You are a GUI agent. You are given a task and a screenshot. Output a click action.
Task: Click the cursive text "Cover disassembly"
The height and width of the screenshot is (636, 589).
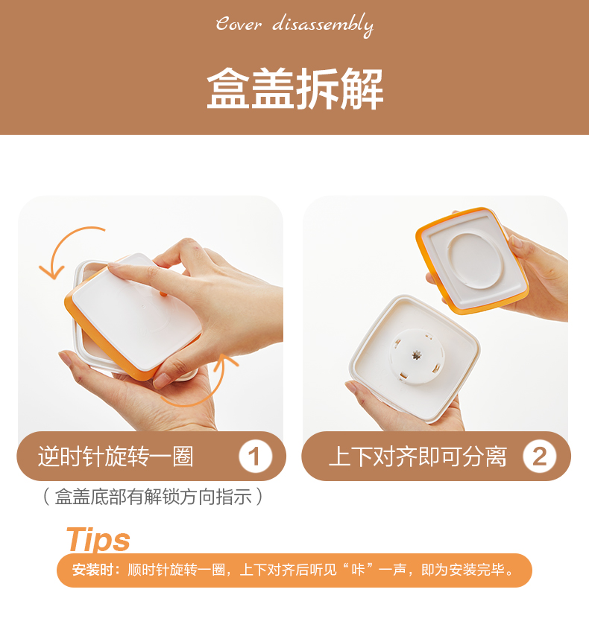coord(294,25)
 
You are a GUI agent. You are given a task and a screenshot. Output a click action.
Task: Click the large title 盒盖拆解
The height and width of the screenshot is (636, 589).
coord(295,89)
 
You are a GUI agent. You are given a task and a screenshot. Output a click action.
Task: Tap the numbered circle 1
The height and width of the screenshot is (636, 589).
coord(255,457)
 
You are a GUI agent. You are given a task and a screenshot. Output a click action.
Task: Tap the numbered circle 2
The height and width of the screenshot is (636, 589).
coord(540,457)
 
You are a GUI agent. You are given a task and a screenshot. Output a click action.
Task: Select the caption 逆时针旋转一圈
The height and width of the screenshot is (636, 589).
coord(116,457)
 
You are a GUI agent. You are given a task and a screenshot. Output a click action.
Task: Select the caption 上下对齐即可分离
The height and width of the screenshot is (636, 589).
coord(418,457)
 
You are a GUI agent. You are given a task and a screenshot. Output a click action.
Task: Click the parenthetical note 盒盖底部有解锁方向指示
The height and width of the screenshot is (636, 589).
coord(153,497)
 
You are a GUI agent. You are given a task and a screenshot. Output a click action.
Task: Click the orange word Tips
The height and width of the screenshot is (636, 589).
coord(98,539)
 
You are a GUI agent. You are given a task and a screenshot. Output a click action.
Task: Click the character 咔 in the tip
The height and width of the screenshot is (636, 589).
coord(358,570)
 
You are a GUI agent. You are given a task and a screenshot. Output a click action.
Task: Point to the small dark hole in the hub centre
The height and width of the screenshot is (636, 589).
coord(416,355)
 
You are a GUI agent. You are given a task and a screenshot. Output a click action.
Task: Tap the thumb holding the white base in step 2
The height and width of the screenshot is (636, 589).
coord(357,392)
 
